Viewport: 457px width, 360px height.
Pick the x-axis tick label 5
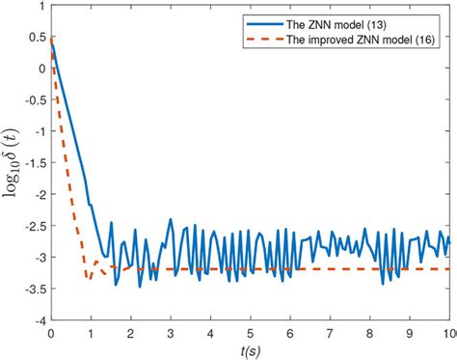[x=250, y=333]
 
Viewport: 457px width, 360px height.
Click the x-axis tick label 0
[x=50, y=333]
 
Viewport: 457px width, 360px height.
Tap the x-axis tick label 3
[x=170, y=333]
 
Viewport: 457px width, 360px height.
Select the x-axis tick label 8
[x=369, y=333]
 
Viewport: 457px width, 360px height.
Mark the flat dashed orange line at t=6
[x=289, y=269]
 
